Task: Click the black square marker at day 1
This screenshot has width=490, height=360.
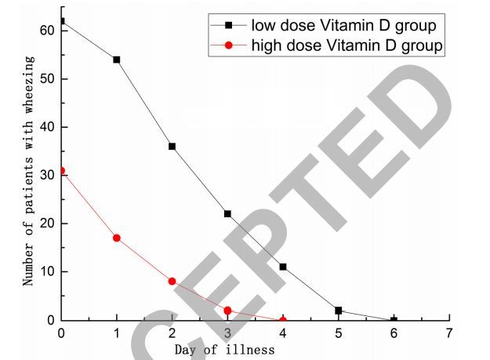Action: point(117,60)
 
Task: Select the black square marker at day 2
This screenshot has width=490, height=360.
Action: point(172,147)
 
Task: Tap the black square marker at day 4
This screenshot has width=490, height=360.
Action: point(283,267)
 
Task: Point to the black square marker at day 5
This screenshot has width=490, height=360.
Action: point(339,311)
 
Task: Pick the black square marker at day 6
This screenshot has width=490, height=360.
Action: point(394,320)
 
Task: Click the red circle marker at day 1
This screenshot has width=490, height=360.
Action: point(117,238)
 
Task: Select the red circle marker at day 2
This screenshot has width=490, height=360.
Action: point(172,281)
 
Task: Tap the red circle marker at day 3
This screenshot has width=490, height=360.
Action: point(227,311)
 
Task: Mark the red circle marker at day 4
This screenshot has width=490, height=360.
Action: point(283,320)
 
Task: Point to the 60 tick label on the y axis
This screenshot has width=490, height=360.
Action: point(48,31)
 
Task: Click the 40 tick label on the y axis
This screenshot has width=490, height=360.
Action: point(48,127)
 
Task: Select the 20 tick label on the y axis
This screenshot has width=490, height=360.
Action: point(48,224)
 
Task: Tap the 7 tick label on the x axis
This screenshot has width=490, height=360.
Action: point(449,333)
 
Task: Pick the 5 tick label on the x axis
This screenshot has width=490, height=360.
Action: point(339,333)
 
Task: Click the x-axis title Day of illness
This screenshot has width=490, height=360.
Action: point(224,349)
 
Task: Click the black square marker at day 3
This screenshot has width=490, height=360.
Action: point(227,214)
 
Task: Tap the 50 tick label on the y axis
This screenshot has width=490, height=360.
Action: point(48,79)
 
